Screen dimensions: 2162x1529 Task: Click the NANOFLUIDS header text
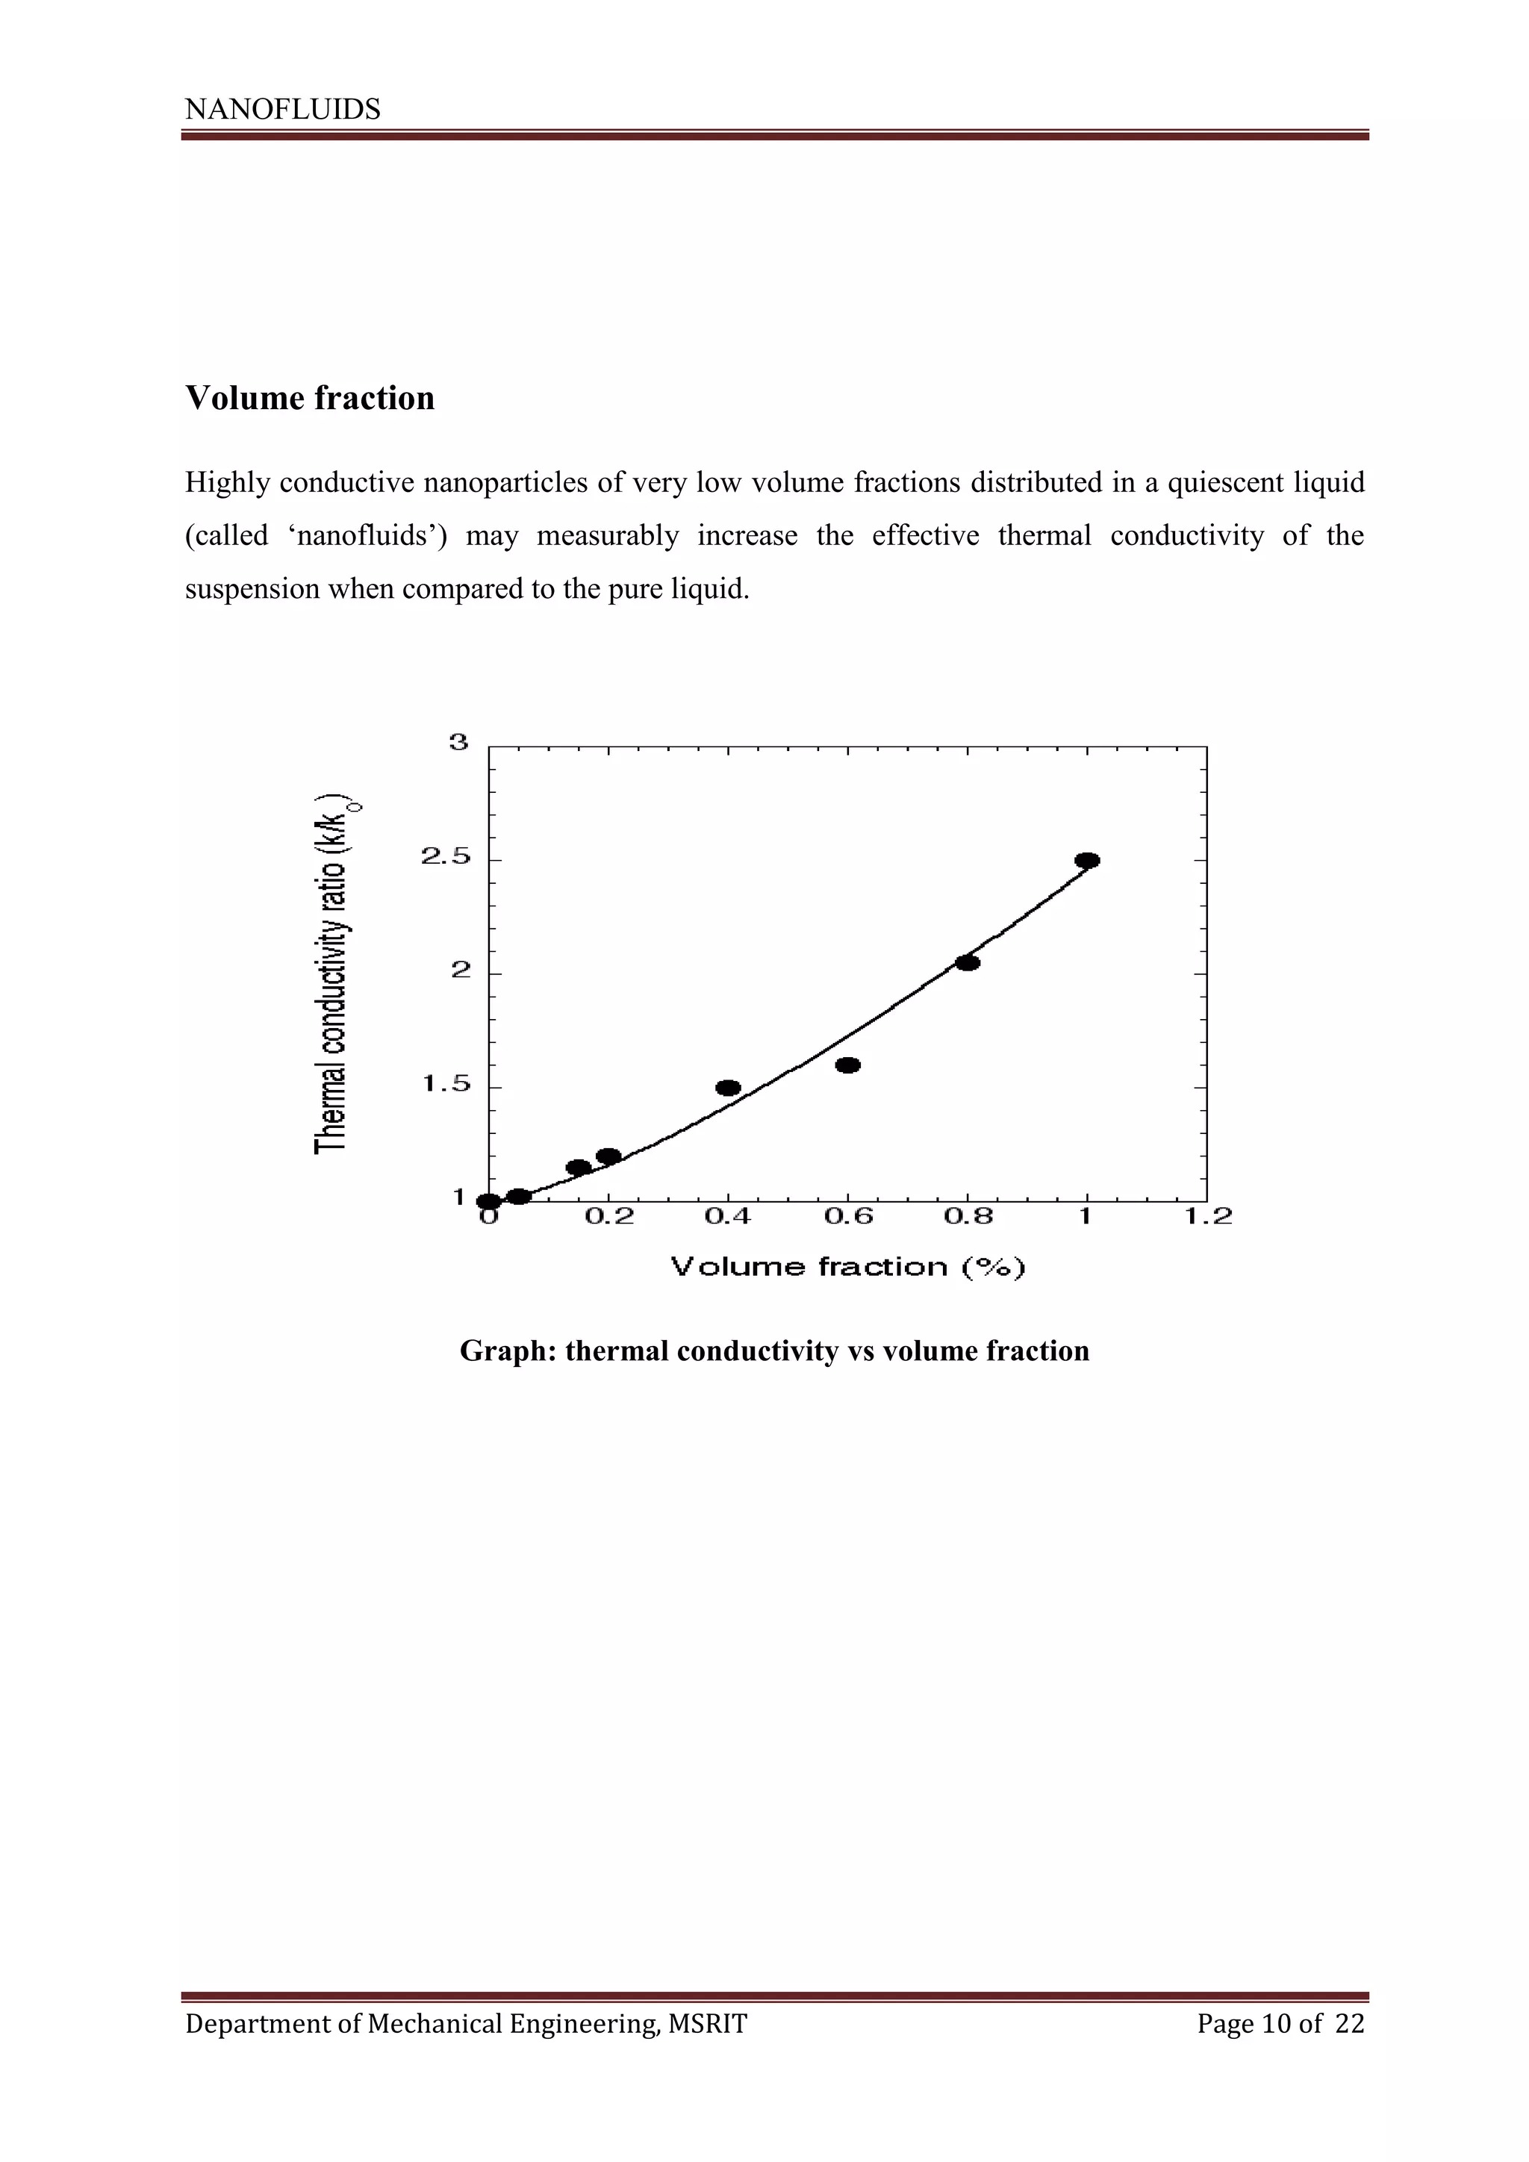tap(282, 110)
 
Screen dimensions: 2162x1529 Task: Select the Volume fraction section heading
tap(310, 399)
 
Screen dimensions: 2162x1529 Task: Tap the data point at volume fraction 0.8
tap(967, 962)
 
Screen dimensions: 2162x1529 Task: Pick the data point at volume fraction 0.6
tap(847, 1065)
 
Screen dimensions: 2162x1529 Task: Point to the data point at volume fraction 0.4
tap(728, 1088)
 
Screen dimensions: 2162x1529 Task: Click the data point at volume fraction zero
tap(489, 1201)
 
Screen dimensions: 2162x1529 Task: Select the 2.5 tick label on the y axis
tap(445, 857)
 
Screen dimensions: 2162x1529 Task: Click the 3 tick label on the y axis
tap(458, 743)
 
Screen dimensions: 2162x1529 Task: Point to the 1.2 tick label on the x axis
tap(1208, 1218)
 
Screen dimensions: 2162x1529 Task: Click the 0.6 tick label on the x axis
tap(848, 1218)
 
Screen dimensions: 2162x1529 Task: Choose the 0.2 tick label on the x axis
tap(609, 1218)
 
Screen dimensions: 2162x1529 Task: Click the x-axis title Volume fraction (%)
tap(847, 1268)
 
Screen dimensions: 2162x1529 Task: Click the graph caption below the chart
tap(774, 1351)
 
